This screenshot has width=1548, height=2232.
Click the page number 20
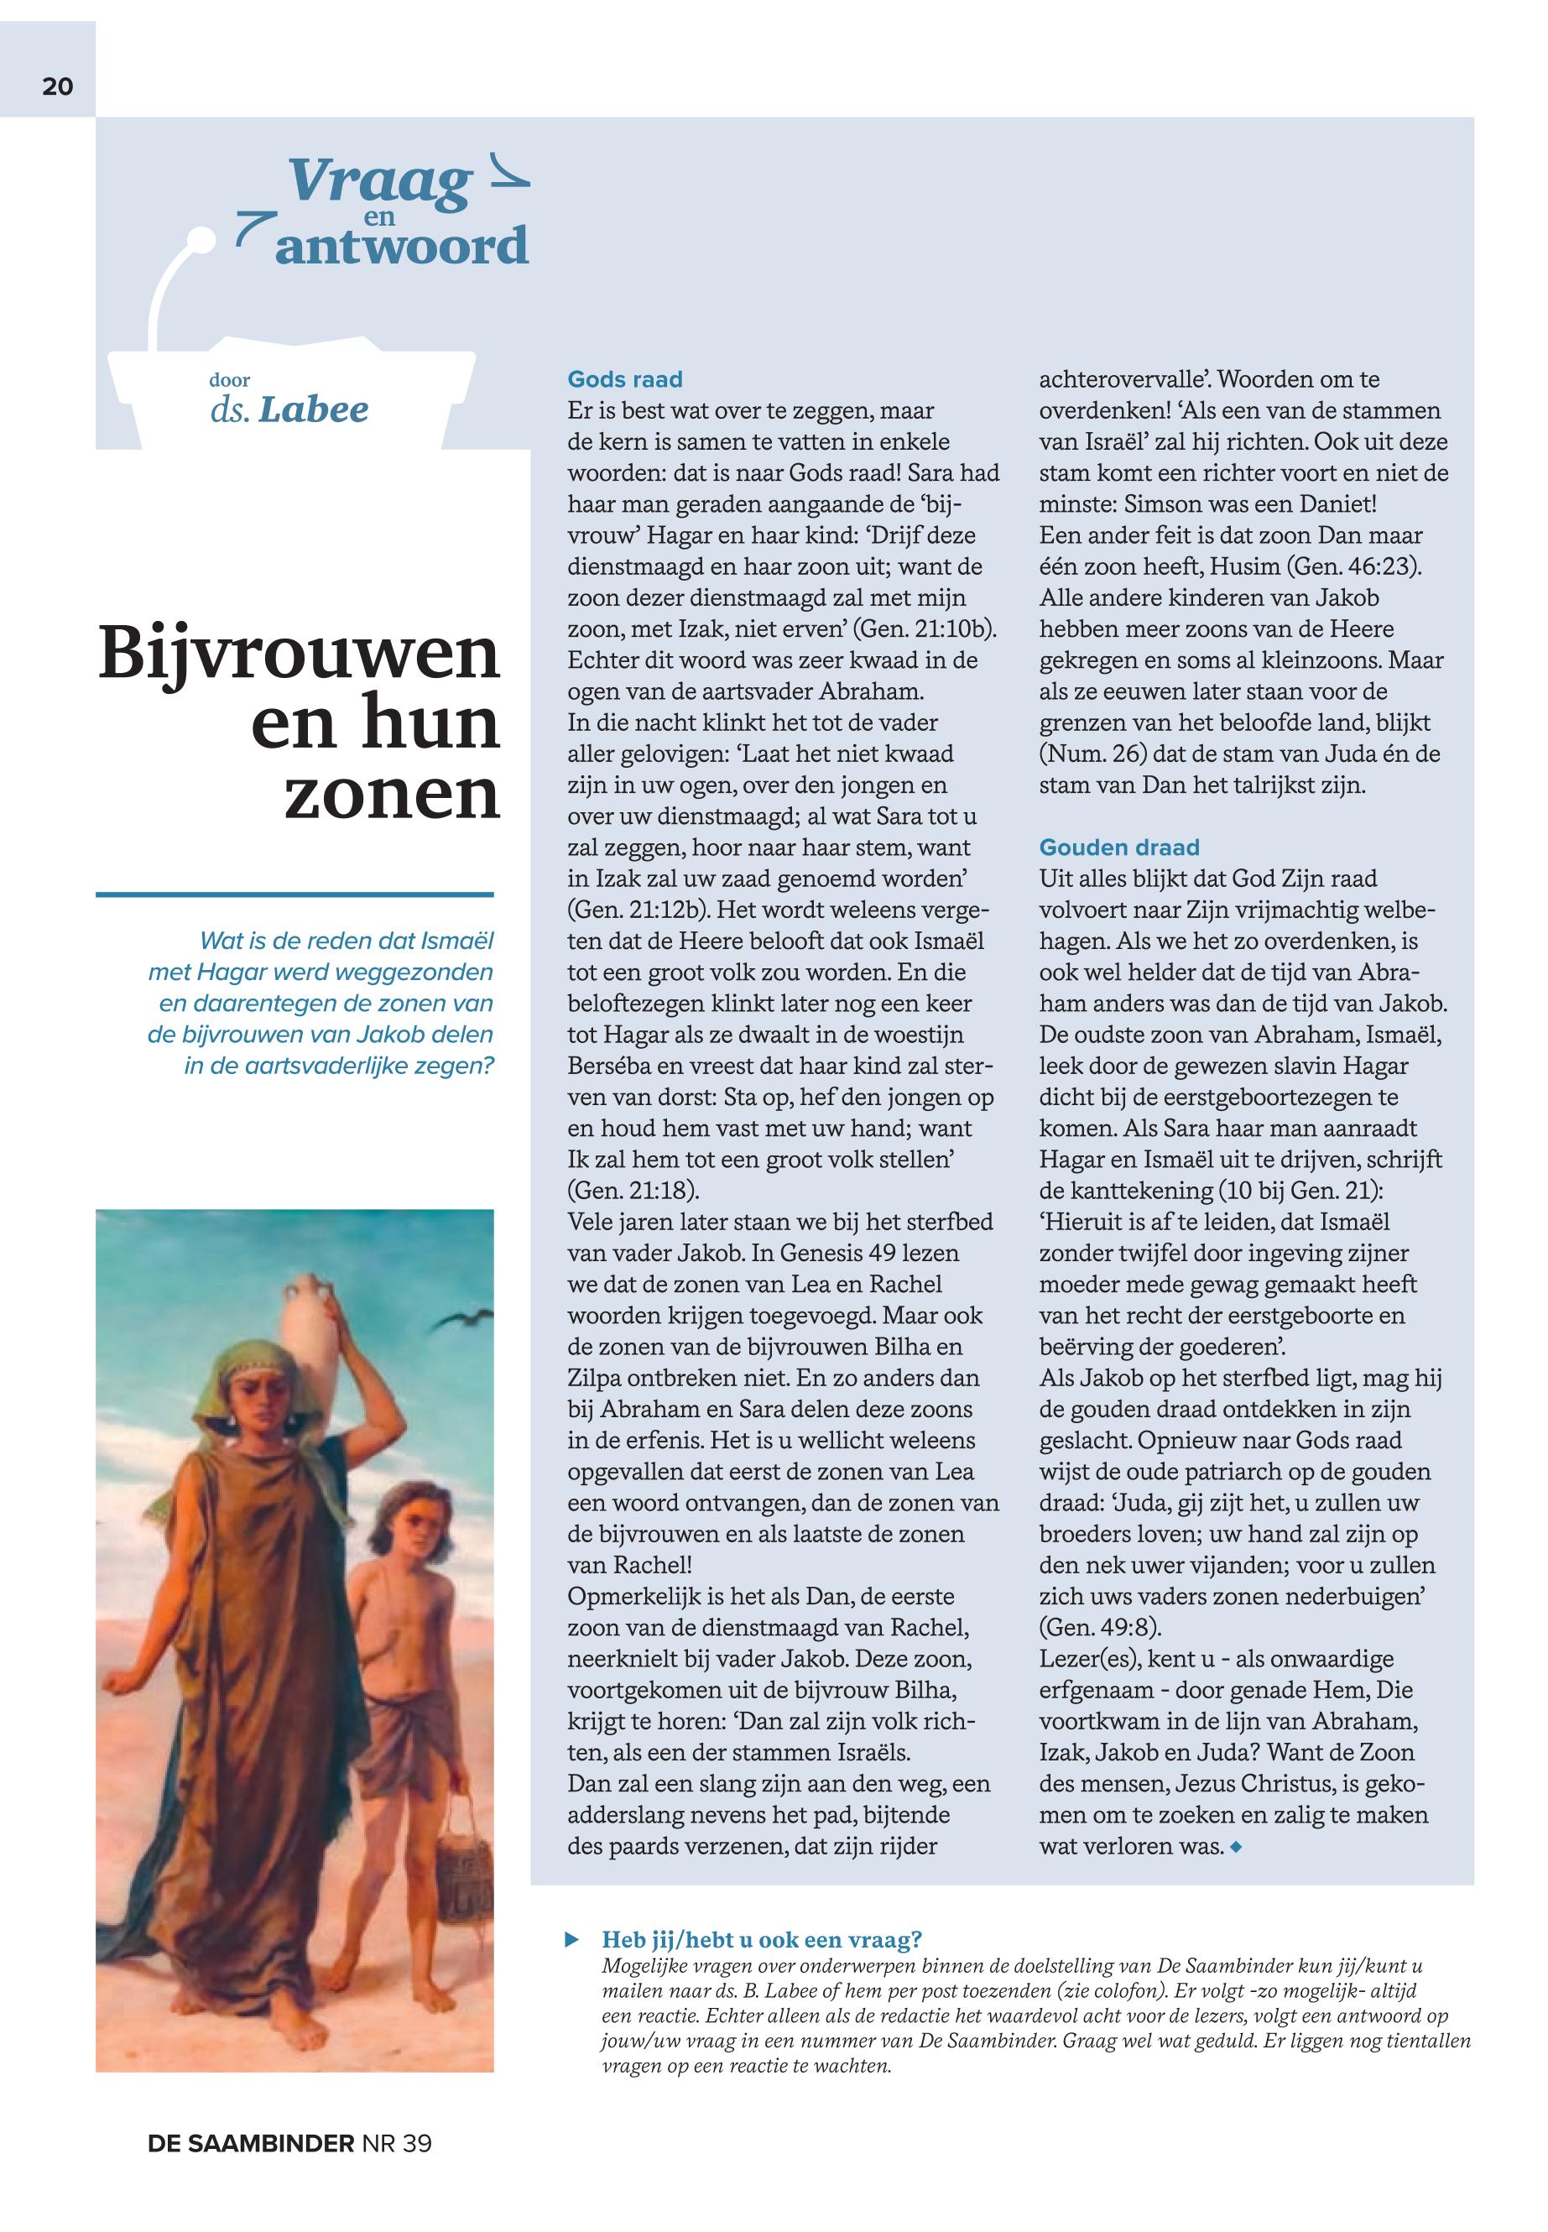point(57,86)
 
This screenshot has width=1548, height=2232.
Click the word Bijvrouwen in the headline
point(300,654)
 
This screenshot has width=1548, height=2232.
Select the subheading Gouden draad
point(1119,847)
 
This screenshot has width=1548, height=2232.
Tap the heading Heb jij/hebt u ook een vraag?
point(761,1938)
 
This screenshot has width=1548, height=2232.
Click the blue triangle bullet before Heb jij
point(572,1939)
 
